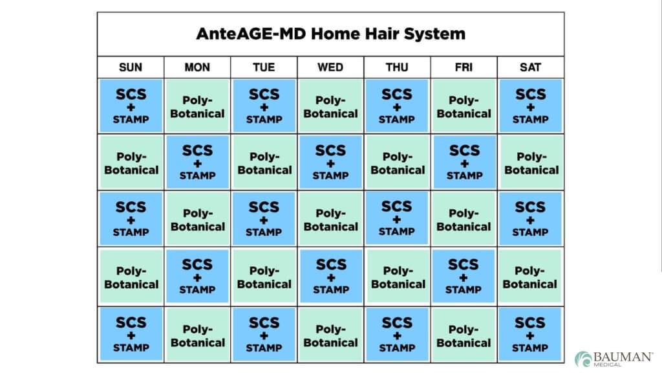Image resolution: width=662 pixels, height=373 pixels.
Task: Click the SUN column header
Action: (131, 67)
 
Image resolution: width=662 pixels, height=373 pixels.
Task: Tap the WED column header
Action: (330, 67)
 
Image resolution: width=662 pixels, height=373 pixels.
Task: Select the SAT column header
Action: (530, 67)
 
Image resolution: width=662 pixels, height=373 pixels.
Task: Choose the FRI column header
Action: (464, 67)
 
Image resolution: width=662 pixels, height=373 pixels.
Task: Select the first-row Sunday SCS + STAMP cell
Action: (131, 106)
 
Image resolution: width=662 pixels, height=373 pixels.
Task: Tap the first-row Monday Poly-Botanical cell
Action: (198, 106)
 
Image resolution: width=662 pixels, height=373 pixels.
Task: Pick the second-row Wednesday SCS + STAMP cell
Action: (330, 162)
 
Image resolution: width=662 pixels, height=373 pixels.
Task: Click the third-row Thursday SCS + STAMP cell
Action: (397, 218)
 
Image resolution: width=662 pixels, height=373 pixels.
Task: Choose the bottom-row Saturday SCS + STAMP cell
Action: (530, 334)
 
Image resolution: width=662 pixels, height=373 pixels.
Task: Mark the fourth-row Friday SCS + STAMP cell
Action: (464, 276)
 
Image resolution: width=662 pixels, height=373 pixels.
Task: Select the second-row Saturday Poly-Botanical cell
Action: (530, 163)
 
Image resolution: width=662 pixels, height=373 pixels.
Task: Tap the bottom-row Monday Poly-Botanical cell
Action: (198, 335)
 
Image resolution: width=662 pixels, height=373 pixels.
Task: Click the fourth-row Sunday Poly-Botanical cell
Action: (131, 277)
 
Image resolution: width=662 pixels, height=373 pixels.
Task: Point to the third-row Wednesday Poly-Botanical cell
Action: (330, 219)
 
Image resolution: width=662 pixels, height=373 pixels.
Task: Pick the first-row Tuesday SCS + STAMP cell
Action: (264, 106)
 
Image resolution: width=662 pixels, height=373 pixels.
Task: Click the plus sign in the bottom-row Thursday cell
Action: (397, 335)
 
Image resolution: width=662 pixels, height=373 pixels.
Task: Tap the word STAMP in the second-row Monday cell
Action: (198, 175)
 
